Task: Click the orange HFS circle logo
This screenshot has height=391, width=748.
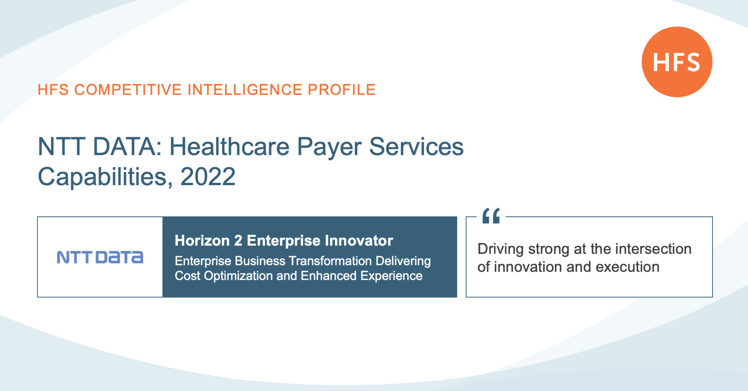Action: [x=677, y=62]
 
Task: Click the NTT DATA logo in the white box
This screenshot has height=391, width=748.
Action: [x=100, y=257]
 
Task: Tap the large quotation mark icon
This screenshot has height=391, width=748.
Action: [x=491, y=216]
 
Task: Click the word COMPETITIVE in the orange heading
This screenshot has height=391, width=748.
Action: [x=128, y=90]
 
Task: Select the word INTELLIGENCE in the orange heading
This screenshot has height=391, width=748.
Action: [x=245, y=90]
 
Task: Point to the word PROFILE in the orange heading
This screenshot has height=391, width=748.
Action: [x=342, y=90]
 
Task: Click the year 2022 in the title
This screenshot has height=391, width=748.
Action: [x=208, y=177]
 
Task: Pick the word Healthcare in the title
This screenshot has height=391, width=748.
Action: [x=230, y=147]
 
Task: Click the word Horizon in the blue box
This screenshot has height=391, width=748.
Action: [x=202, y=241]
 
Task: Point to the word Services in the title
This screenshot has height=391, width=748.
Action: [x=416, y=147]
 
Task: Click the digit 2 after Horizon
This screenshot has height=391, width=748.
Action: [x=238, y=241]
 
